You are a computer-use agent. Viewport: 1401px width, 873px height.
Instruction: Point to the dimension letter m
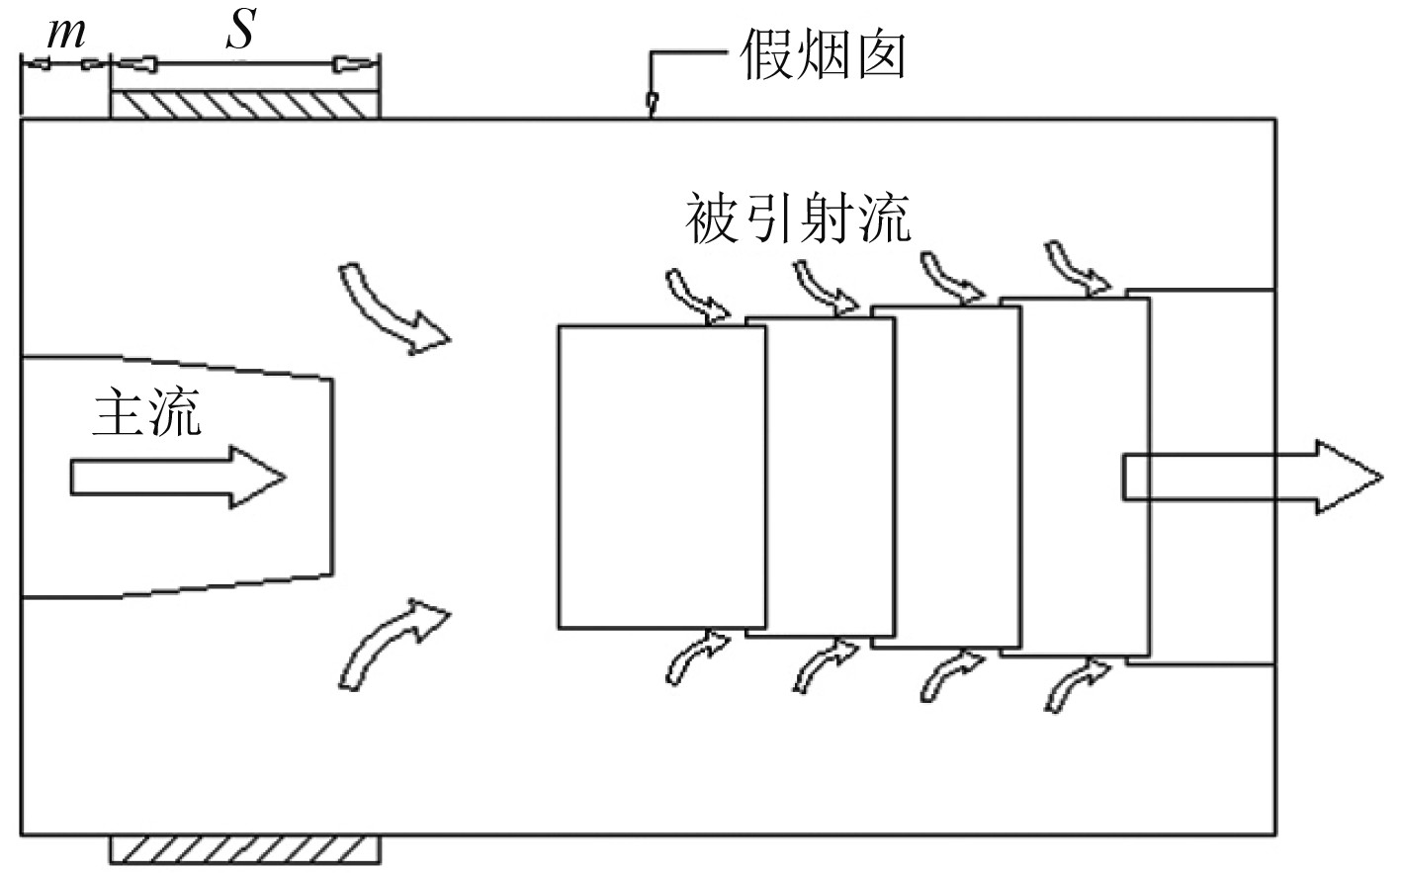coord(65,34)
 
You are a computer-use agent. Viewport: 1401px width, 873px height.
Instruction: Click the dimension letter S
coord(240,30)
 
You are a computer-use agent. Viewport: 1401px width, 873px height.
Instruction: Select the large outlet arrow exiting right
coord(1251,478)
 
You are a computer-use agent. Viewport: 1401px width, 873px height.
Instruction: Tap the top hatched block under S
coord(244,105)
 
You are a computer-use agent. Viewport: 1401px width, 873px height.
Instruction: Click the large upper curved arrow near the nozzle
coord(391,306)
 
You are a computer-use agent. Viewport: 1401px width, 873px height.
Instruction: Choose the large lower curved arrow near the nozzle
coord(391,643)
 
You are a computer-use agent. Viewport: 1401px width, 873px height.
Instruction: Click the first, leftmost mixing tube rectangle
coord(661,477)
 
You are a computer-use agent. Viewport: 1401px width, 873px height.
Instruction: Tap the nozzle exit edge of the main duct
coord(332,477)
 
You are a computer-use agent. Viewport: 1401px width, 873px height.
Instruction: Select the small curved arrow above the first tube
coord(698,296)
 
